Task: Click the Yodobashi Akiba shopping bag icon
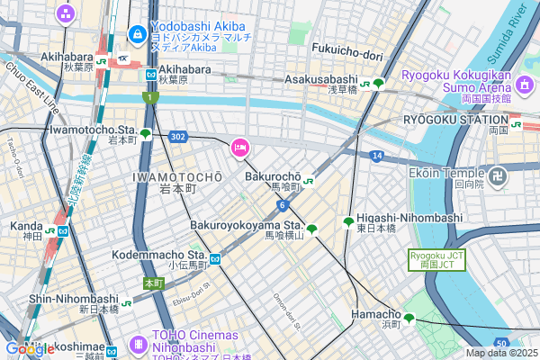(138, 35)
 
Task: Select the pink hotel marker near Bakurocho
(240, 148)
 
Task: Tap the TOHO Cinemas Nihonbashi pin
(138, 344)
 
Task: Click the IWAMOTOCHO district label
(176, 176)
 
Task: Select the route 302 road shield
(177, 137)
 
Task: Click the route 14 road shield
(376, 156)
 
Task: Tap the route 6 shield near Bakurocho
(282, 205)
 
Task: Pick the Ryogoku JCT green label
(436, 259)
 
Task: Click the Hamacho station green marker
(409, 318)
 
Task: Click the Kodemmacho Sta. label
(159, 256)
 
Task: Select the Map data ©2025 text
(501, 353)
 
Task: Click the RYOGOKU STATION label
(455, 119)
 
